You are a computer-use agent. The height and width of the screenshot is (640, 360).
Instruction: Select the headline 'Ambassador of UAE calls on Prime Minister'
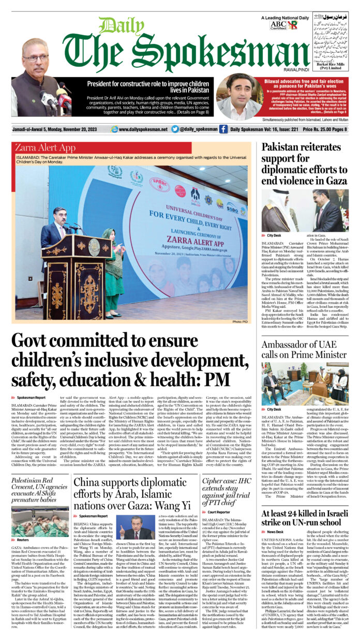coord(304,349)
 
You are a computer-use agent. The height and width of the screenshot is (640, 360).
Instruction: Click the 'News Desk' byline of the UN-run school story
coord(275,531)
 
